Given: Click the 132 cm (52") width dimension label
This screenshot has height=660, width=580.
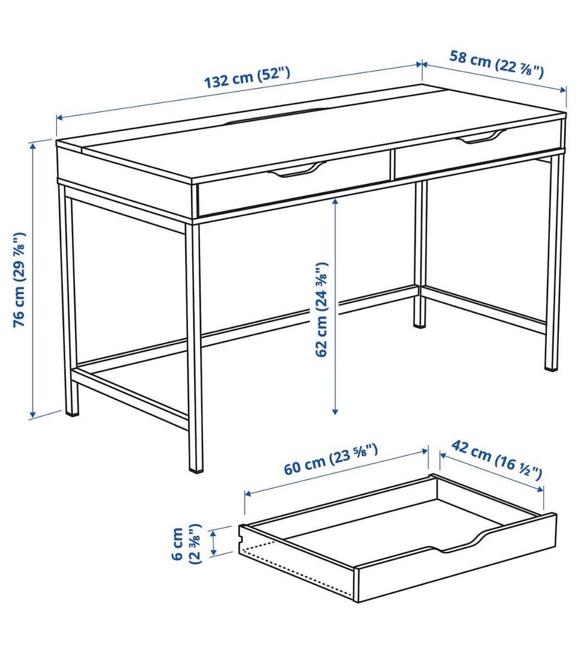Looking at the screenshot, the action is click(247, 77).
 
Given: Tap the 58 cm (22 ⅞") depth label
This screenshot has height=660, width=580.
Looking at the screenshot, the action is click(497, 63).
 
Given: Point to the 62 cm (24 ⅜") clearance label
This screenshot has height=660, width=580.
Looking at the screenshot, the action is click(321, 309).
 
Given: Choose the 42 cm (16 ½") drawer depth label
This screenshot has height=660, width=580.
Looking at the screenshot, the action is click(497, 460).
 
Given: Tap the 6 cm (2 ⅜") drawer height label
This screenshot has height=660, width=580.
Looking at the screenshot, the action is click(186, 544).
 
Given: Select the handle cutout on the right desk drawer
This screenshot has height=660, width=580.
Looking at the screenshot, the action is click(479, 137).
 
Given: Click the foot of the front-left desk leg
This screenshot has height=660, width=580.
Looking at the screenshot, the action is click(72, 411).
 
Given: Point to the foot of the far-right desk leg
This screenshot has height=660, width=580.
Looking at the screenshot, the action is click(550, 367).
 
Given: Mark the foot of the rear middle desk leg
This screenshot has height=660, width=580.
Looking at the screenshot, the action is click(419, 324).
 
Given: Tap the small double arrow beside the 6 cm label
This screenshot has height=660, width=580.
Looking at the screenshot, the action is click(214, 541).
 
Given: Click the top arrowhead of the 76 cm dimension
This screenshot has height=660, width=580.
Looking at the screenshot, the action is click(32, 146).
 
